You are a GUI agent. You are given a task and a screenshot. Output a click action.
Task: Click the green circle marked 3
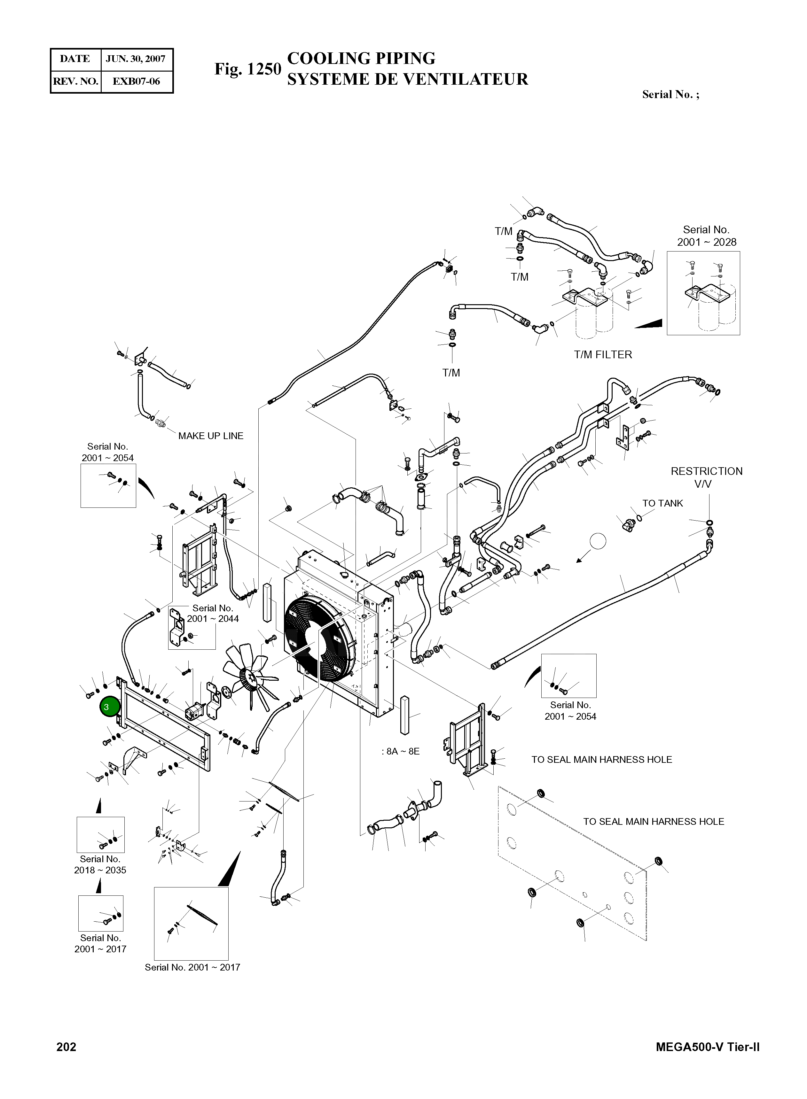[x=109, y=707]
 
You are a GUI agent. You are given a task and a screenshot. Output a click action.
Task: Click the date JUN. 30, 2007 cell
[x=136, y=59]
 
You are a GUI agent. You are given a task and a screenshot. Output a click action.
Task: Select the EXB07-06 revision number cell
[x=136, y=81]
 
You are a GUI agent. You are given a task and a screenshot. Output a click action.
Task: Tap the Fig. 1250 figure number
[x=248, y=69]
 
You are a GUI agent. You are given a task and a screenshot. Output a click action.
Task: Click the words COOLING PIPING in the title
[x=361, y=58]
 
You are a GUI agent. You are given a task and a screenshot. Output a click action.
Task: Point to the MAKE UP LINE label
[x=211, y=436]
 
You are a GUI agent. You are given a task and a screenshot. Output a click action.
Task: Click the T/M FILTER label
[x=603, y=355]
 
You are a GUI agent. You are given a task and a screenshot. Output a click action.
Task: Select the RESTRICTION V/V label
[x=706, y=477]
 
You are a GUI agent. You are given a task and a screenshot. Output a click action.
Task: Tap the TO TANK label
[x=662, y=503]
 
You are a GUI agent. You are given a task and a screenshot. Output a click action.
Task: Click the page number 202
[x=67, y=1047]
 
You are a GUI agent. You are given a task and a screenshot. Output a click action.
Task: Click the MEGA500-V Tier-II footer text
[x=707, y=1047]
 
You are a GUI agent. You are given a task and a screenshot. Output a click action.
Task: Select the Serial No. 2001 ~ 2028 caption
[x=706, y=236]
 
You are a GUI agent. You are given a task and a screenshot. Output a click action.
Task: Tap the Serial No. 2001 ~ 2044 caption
[x=213, y=614]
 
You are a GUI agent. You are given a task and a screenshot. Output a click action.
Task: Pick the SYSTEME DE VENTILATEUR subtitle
[x=407, y=79]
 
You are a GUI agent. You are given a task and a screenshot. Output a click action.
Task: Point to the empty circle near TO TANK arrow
[x=598, y=541]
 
